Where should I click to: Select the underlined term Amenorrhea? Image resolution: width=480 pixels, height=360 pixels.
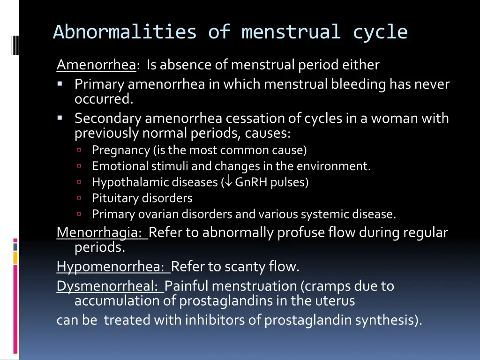(96, 65)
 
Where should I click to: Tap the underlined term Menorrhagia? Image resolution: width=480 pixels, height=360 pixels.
(101, 232)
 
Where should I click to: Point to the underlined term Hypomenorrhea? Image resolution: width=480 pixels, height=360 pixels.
(112, 267)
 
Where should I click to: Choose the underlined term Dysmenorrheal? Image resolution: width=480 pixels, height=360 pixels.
(110, 286)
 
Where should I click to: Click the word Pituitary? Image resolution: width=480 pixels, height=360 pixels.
(115, 198)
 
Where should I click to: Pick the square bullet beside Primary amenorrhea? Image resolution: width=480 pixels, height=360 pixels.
(60, 84)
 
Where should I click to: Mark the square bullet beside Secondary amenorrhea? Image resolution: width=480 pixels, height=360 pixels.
(60, 118)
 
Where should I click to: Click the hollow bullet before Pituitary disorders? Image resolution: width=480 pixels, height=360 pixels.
(79, 198)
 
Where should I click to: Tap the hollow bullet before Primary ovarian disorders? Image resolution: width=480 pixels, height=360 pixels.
(79, 214)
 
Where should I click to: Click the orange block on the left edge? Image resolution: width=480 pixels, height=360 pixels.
(15, 257)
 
